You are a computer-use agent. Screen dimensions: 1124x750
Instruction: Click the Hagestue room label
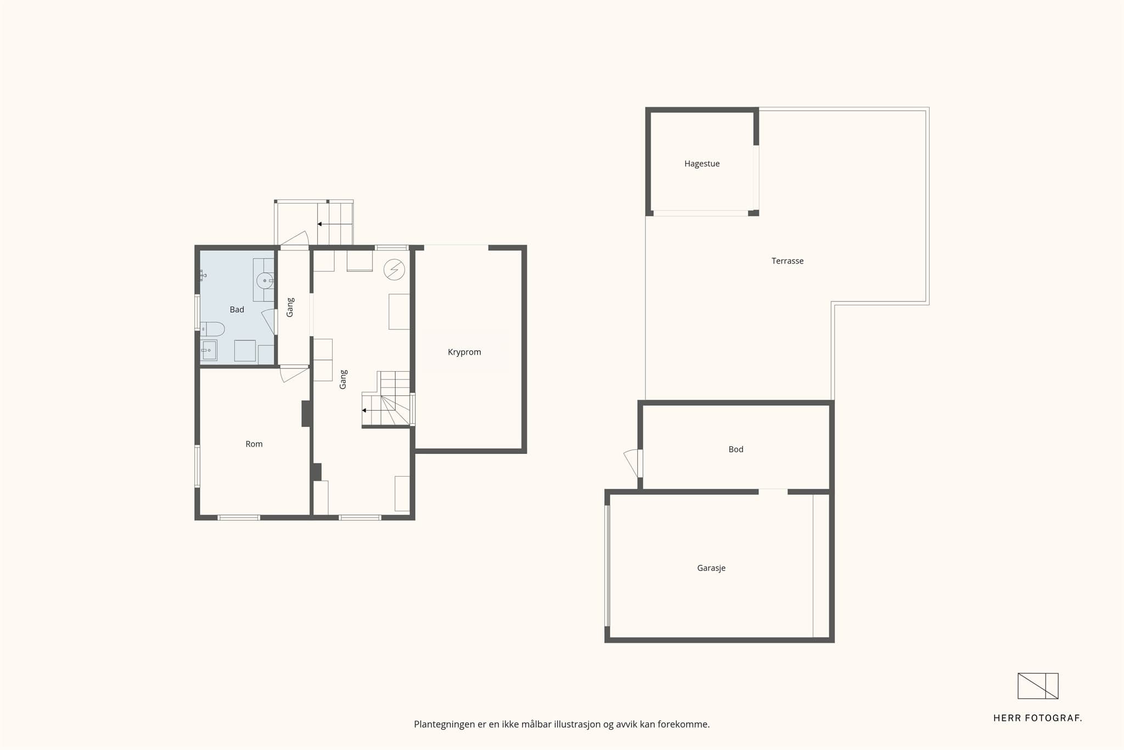click(701, 164)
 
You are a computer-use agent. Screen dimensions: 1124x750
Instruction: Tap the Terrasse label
click(787, 261)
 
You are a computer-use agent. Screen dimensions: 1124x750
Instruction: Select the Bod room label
click(735, 449)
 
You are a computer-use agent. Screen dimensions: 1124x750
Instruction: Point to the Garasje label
click(711, 568)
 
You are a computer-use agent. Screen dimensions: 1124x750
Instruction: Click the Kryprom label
click(464, 352)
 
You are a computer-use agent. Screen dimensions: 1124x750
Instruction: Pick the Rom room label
click(254, 444)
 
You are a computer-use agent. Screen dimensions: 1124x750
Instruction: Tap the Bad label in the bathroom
click(237, 310)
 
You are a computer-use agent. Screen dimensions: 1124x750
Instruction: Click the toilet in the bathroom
click(212, 329)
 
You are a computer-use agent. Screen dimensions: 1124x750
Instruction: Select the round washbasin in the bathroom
click(265, 281)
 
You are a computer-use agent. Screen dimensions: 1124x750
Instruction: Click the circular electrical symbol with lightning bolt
click(394, 270)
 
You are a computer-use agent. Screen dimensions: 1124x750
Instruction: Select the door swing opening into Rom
click(294, 374)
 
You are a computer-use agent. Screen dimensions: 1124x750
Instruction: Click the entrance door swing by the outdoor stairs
click(295, 238)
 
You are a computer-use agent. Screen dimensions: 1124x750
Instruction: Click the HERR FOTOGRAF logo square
click(1038, 686)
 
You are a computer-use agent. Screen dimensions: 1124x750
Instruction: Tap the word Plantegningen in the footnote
click(444, 724)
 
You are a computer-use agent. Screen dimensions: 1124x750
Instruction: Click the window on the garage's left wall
click(608, 566)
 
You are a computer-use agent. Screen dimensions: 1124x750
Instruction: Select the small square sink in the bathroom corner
click(209, 350)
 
